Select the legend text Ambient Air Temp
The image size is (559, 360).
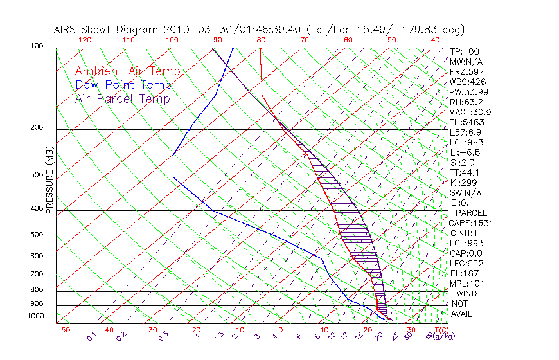click(127, 71)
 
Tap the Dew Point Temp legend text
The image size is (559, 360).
click(123, 85)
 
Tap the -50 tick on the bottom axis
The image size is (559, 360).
click(63, 330)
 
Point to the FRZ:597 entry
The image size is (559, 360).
click(467, 71)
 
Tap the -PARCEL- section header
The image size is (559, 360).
click(471, 213)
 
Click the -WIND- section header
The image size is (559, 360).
click(466, 293)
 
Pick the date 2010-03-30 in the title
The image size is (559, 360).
click(192, 30)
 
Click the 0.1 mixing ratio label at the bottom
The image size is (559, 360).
click(91, 336)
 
